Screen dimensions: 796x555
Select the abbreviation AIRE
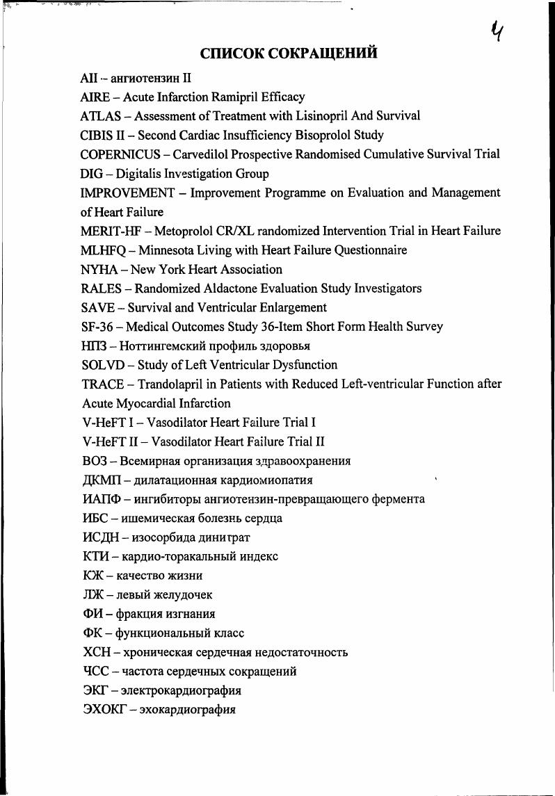point(96,97)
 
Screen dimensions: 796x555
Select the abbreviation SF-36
point(98,327)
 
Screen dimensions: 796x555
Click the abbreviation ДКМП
point(102,480)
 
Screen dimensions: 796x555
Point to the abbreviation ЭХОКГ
point(104,710)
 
